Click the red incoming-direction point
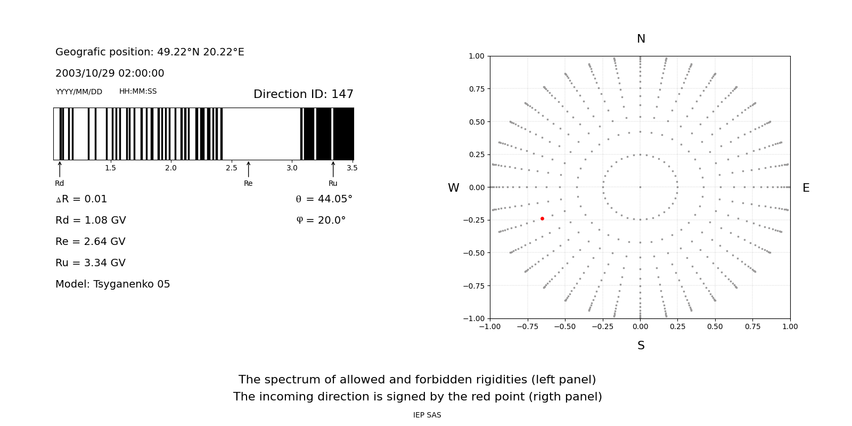(x=542, y=218)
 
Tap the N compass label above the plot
(x=641, y=39)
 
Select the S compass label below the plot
(x=641, y=346)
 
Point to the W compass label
(x=453, y=188)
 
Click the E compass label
(x=806, y=188)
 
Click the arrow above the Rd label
(x=60, y=169)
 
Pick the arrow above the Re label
(x=248, y=169)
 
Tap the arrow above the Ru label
(x=333, y=169)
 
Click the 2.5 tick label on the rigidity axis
(x=231, y=168)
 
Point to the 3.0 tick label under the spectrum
(x=292, y=168)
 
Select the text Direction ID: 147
(x=303, y=94)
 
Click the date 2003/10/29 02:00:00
(x=110, y=73)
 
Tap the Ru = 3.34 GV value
(x=91, y=263)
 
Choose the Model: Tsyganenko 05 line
(x=113, y=284)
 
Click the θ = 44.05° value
(x=324, y=199)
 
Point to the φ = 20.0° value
(x=321, y=220)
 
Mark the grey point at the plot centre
(x=640, y=187)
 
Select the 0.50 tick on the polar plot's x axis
(x=715, y=326)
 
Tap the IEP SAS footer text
(x=427, y=415)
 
